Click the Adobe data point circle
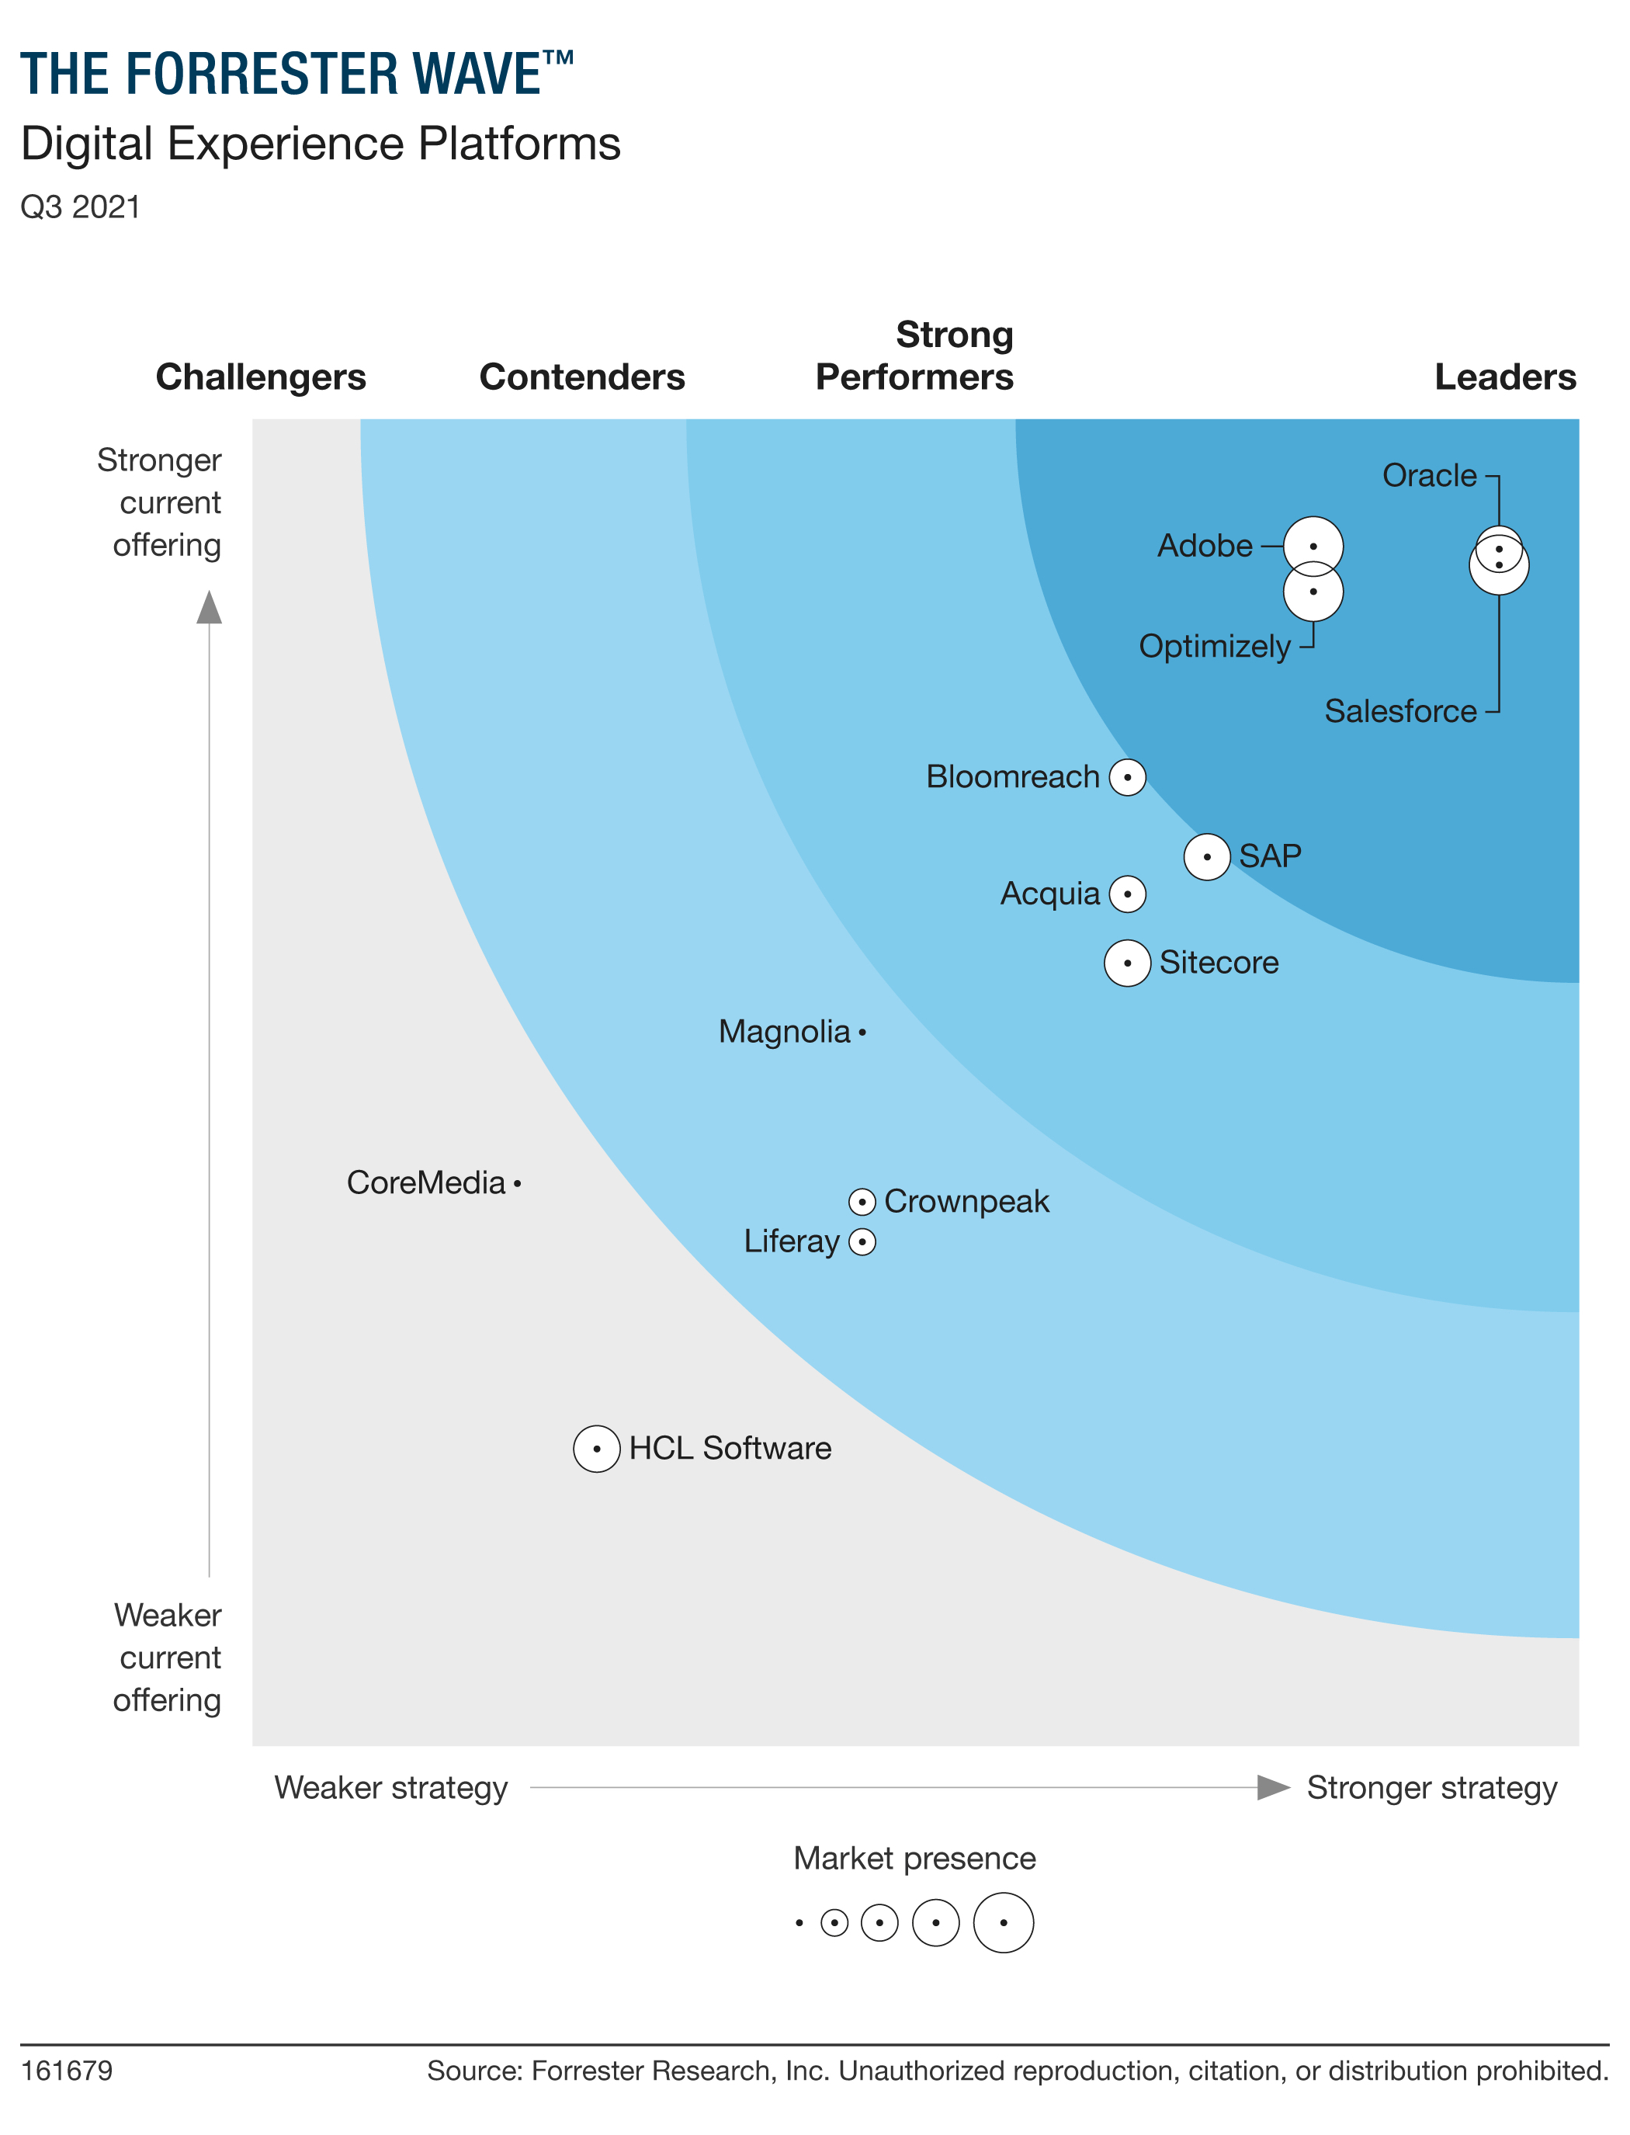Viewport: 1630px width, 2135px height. (x=1313, y=547)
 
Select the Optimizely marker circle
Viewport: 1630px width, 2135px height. (x=1313, y=592)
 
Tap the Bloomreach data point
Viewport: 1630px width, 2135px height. (x=1127, y=777)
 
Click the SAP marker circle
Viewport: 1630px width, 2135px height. (x=1207, y=857)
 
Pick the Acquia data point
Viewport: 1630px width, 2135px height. (x=1127, y=894)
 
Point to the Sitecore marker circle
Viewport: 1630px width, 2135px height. (x=1127, y=963)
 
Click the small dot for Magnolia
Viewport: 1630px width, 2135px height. (x=862, y=1033)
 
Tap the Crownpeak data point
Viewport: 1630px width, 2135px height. (x=862, y=1203)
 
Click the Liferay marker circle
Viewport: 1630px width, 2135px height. (x=862, y=1242)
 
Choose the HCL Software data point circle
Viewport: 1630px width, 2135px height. (x=597, y=1449)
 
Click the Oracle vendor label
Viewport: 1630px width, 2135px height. (x=1428, y=475)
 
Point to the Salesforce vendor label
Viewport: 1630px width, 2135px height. (x=1400, y=711)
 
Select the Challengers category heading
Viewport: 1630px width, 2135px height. (x=261, y=377)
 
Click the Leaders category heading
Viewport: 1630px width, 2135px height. (x=1505, y=377)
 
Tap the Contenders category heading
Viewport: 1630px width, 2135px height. (x=582, y=377)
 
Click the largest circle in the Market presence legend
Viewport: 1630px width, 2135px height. (x=1003, y=1922)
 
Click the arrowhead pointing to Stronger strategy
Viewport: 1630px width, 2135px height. (x=1272, y=1787)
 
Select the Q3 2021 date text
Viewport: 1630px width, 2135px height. (x=81, y=207)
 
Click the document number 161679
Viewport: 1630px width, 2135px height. (x=67, y=2071)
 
